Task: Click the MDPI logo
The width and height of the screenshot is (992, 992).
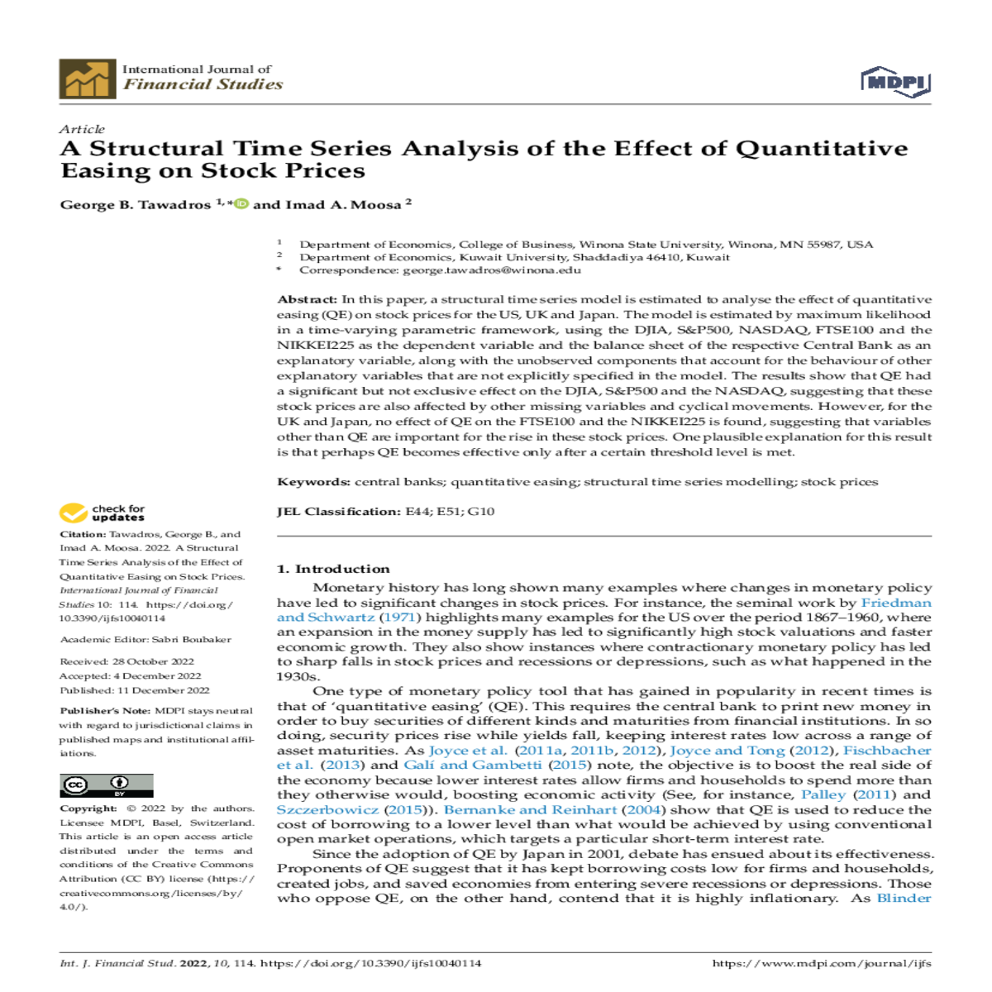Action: click(895, 83)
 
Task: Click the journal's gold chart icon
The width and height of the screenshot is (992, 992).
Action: click(87, 79)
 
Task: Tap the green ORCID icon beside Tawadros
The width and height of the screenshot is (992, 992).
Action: click(241, 203)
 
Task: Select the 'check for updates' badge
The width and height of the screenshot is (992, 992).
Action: click(102, 513)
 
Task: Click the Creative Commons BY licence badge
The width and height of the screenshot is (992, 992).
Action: click(106, 785)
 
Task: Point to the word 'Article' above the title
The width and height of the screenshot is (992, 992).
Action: click(82, 129)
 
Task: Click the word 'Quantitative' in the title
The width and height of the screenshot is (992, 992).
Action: click(821, 149)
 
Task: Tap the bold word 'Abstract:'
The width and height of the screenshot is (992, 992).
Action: click(307, 299)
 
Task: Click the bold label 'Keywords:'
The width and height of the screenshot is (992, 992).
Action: click(313, 482)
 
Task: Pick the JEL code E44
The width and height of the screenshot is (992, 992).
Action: click(418, 512)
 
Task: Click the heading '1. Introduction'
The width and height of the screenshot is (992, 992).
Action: click(332, 569)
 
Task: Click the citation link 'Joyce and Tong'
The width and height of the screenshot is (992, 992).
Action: click(727, 751)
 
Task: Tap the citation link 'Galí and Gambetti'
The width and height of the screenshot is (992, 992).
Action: click(473, 765)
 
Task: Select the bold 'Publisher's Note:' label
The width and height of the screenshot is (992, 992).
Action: click(105, 711)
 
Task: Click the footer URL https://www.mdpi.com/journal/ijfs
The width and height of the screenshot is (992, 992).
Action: click(821, 963)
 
